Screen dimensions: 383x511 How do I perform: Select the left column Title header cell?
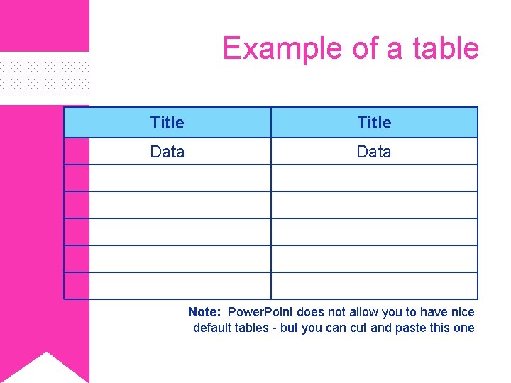pyautogui.click(x=167, y=123)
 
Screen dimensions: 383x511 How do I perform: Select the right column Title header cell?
pyautogui.click(x=374, y=123)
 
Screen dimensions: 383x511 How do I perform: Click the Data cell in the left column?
pyautogui.click(x=167, y=152)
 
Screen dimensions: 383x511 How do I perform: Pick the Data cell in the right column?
pyautogui.click(x=374, y=152)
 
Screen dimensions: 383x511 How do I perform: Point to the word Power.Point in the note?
pyautogui.click(x=260, y=312)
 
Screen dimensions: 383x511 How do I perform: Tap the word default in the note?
pyautogui.click(x=212, y=328)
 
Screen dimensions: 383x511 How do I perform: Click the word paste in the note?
pyautogui.click(x=411, y=328)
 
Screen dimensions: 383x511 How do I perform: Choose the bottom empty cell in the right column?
pyautogui.click(x=374, y=286)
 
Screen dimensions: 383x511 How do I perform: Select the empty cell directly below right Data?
pyautogui.click(x=374, y=178)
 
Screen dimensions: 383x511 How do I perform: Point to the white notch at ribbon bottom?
pyautogui.click(x=45, y=369)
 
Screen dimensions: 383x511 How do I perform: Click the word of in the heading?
pyautogui.click(x=366, y=48)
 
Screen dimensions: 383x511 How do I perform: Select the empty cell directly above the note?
pyautogui.click(x=374, y=286)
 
